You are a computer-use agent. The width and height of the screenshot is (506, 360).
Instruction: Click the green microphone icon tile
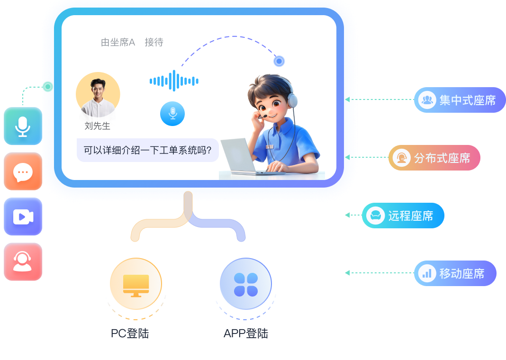tap(23, 126)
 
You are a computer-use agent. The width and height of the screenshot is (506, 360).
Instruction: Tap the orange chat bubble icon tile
tap(23, 171)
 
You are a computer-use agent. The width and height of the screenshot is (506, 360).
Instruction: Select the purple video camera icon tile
tap(23, 216)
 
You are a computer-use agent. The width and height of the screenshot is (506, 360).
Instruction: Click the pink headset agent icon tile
tap(23, 261)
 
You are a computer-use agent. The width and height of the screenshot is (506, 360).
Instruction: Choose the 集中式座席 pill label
tap(460, 100)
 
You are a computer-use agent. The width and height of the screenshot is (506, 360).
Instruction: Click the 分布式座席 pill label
tap(434, 158)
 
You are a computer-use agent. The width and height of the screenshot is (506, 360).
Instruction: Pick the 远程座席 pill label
tap(403, 216)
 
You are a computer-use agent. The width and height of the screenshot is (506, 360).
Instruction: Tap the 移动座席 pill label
tap(455, 273)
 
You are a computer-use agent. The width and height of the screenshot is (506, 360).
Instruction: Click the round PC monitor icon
tap(136, 284)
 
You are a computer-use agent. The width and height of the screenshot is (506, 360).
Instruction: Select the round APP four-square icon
tap(245, 284)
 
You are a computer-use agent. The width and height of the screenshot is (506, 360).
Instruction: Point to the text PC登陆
tap(130, 333)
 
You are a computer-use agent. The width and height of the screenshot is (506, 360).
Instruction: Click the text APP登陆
tap(245, 333)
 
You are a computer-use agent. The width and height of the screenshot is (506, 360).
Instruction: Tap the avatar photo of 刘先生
tap(98, 95)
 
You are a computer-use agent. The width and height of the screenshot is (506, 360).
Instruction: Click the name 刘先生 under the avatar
tap(98, 126)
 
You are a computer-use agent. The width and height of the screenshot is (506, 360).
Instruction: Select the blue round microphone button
tap(172, 114)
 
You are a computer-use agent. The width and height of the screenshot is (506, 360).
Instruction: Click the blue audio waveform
tap(174, 81)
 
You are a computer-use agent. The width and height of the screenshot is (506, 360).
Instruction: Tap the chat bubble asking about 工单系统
tap(147, 151)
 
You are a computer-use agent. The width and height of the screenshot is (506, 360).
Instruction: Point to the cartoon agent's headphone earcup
tap(292, 100)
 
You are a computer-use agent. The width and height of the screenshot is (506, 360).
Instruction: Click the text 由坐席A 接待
tap(132, 43)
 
